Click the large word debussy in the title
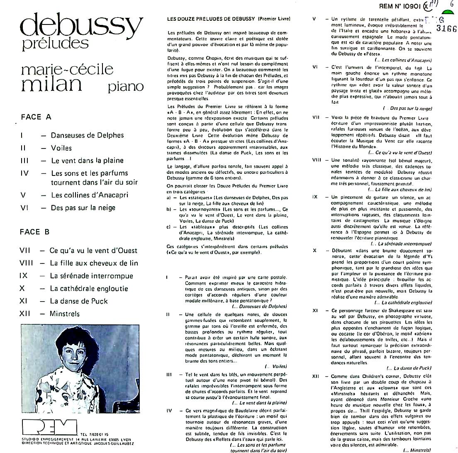coord(81,25)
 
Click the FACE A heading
coord(36,117)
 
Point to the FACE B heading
coord(35,232)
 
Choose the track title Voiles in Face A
coord(61,148)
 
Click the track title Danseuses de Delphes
coord(87,135)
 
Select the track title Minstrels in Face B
coord(65,314)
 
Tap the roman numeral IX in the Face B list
coord(24,276)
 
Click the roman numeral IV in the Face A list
coord(24,173)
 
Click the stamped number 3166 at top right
coord(446,29)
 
